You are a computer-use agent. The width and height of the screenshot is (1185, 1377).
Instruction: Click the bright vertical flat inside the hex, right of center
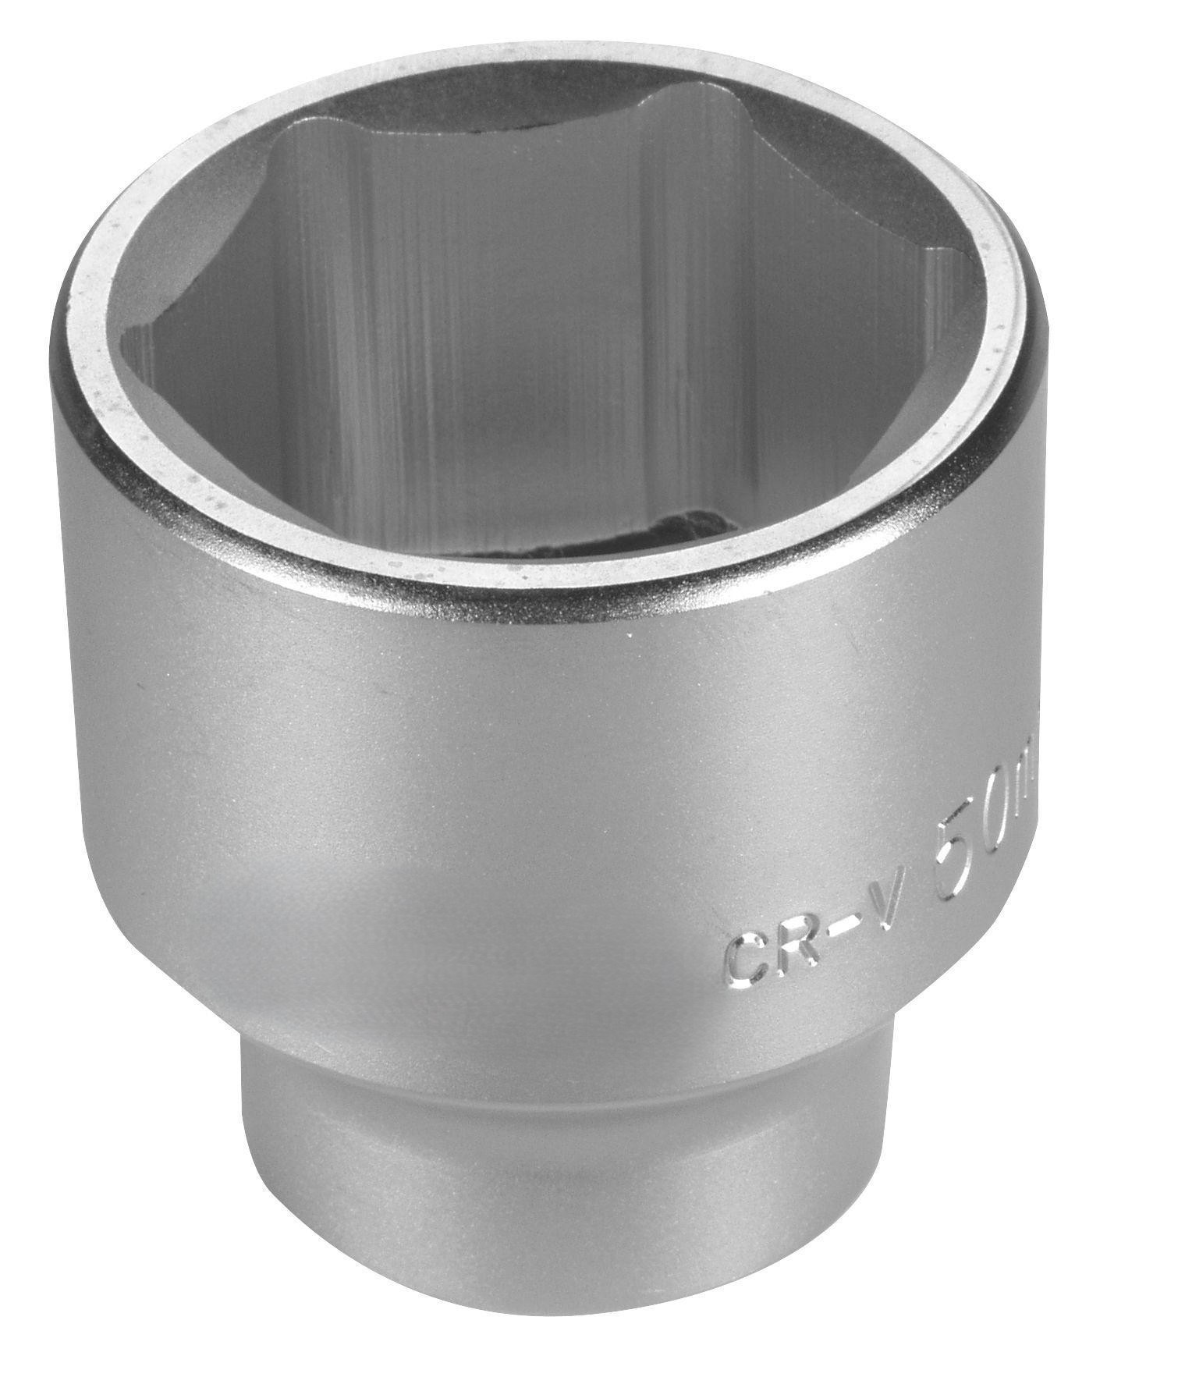point(687,312)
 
